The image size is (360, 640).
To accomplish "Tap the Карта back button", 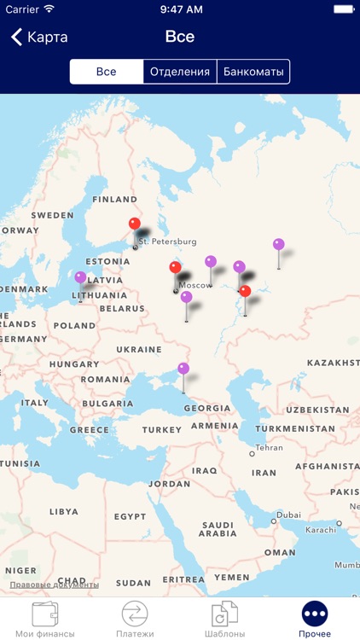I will pos(39,38).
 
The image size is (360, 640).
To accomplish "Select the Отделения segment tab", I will pos(180,72).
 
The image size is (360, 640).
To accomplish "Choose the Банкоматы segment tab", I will pos(253,72).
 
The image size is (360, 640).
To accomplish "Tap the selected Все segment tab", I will pos(106,72).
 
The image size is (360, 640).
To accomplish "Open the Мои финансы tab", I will pos(44,620).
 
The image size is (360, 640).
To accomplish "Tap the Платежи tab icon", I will pos(135,614).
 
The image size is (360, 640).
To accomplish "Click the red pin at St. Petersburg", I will pos(135,224).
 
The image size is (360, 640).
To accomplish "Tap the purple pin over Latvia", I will pos(80,277).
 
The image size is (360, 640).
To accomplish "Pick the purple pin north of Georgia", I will pos(183,369).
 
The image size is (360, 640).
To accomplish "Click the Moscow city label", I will pos(195,285).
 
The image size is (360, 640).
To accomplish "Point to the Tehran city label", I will pos(269,447).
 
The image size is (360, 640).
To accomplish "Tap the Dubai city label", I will pos(288,515).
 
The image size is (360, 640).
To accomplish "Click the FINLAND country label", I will pos(114,200).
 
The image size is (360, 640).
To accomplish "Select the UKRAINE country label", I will pos(139,350).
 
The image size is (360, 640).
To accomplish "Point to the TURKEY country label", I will pos(162,430).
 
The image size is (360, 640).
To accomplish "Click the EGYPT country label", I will pos(131,516).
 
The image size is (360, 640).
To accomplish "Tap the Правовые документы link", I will pos(54,585).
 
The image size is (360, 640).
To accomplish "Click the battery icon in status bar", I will pos(343,9).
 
